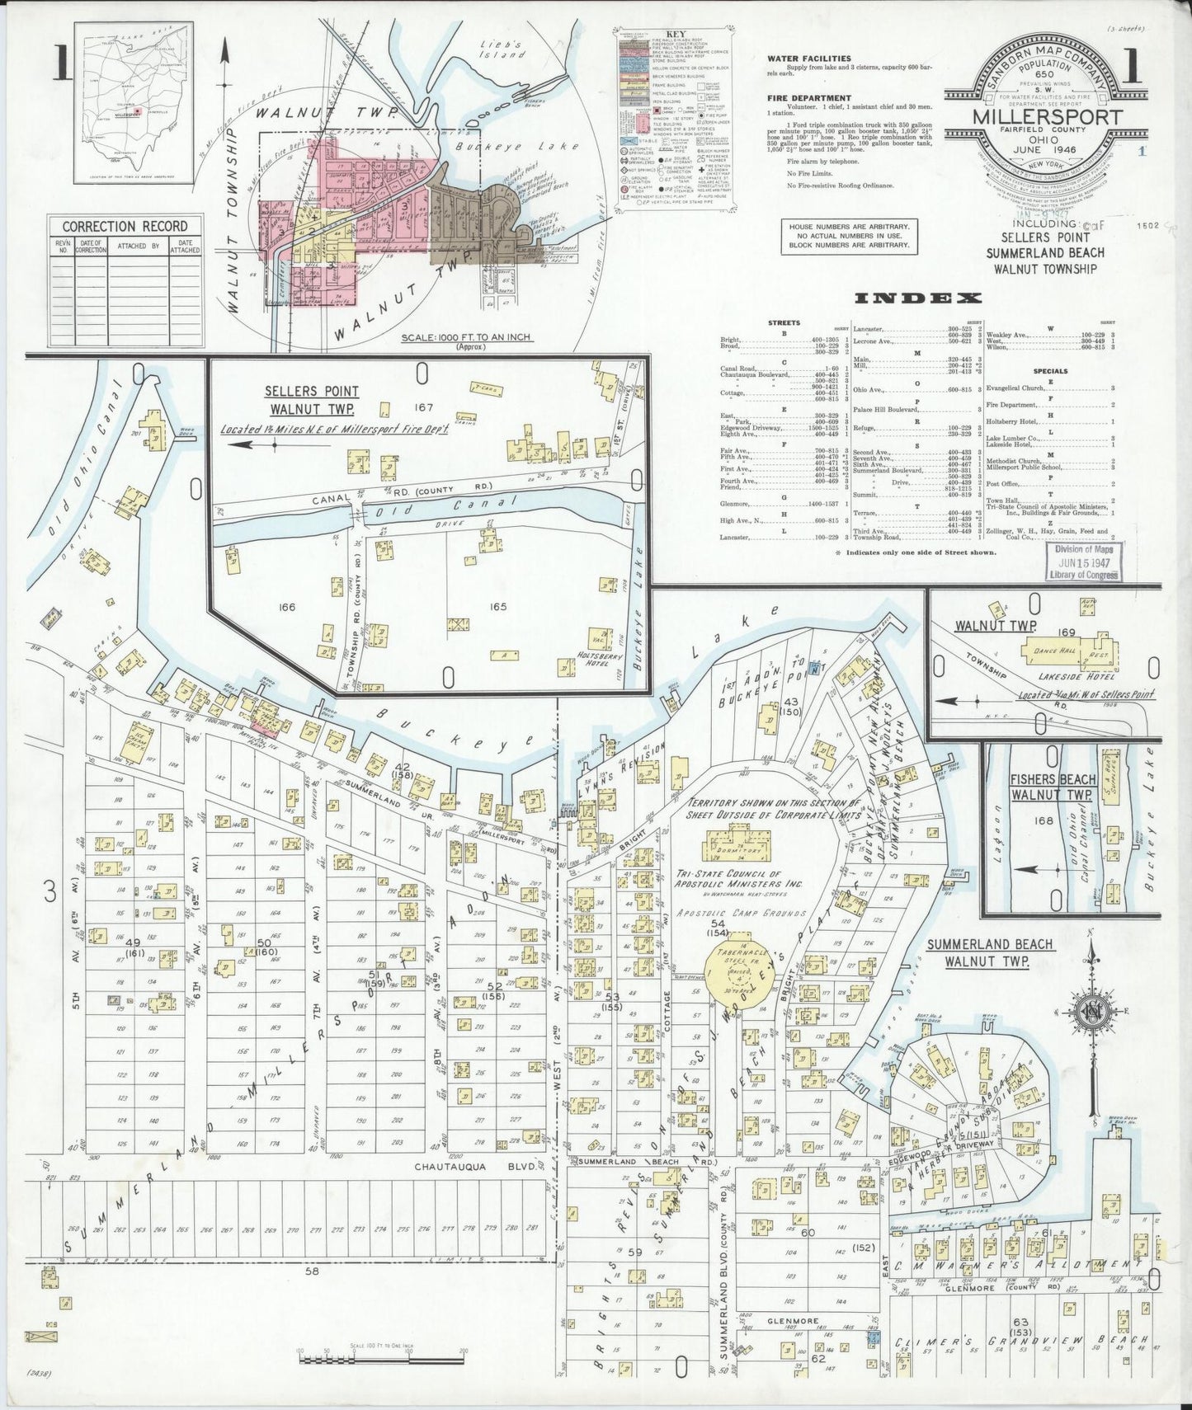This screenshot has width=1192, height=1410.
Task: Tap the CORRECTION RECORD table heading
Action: (x=125, y=226)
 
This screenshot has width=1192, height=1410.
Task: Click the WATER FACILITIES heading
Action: (x=808, y=59)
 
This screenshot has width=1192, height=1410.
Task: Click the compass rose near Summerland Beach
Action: (x=1094, y=1012)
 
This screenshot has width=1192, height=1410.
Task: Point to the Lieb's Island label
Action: (x=503, y=49)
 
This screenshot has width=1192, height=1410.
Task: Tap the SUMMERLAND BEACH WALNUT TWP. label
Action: (x=989, y=952)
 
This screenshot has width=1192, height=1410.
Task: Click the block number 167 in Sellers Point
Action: (x=423, y=407)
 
